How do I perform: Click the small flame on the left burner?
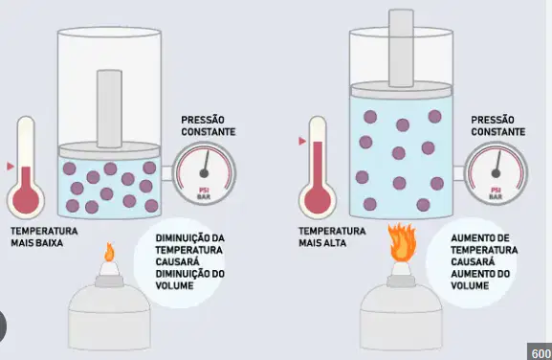pos(110,252)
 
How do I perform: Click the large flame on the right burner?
pos(402,242)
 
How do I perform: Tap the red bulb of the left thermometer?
pos(26,200)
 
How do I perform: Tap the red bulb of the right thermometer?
pos(318,200)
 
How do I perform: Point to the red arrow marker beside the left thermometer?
pos(11,167)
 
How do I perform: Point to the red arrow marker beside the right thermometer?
pos(302,142)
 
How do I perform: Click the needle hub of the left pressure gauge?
pos(204,173)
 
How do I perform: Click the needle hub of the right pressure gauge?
pos(496,173)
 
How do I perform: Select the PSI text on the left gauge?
pos(204,191)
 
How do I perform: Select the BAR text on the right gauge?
pos(496,196)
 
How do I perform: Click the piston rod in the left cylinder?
pos(109,109)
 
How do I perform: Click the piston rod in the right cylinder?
pos(402,48)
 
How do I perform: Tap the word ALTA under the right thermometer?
pos(335,243)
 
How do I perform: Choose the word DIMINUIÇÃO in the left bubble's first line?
pos(179,238)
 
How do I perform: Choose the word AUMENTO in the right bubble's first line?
pos(471,238)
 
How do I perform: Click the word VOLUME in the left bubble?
pos(175,285)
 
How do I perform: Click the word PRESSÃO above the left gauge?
pos(203,120)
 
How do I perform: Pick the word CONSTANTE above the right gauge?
pos(498,132)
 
